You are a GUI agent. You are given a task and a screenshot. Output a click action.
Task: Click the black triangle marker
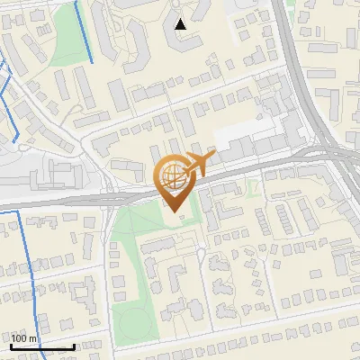[181, 24]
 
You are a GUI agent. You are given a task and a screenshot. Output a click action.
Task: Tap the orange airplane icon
[194, 163]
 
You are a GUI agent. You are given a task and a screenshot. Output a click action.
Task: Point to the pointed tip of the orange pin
[173, 212]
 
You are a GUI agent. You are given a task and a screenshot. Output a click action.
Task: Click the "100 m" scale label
[24, 337]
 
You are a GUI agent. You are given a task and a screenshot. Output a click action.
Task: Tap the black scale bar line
[41, 346]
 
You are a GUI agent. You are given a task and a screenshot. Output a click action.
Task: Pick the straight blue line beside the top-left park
[86, 31]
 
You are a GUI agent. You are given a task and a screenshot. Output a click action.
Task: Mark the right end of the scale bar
[74, 346]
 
